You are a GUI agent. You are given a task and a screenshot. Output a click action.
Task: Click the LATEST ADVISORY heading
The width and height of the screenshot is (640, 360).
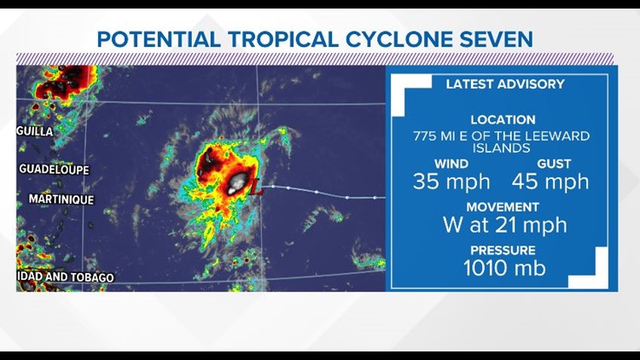505,84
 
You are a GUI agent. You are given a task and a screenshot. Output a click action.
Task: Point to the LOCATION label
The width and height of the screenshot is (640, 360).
502,120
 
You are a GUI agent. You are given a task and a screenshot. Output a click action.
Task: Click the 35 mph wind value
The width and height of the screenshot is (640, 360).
451,181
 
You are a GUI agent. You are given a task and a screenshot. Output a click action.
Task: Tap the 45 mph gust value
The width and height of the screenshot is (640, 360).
550,181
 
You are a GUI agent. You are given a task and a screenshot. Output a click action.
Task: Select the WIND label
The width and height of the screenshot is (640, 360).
451,163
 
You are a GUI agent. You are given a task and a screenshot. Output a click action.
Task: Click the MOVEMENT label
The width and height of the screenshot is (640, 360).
502,207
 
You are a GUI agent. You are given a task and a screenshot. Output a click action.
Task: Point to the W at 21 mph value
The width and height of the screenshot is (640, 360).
504,225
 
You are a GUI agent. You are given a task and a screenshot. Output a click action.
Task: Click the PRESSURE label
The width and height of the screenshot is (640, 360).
502,251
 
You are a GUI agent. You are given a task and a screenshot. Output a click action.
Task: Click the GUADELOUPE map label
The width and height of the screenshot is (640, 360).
53,170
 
